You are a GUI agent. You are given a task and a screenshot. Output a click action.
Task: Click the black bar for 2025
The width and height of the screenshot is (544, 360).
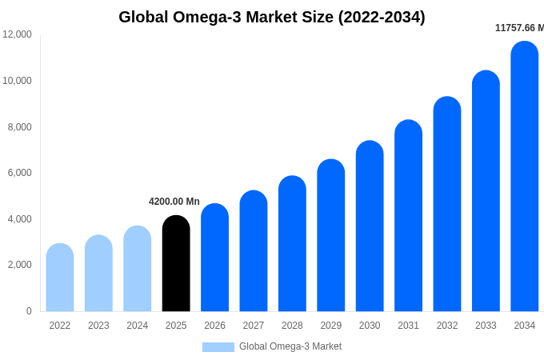176,264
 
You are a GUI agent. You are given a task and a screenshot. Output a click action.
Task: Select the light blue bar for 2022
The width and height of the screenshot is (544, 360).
60,278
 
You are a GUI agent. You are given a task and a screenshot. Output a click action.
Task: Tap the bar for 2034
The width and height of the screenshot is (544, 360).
525,177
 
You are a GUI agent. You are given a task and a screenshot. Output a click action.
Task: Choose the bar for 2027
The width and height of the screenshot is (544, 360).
254,251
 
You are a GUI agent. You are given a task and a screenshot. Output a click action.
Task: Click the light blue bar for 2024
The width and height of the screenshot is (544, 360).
138,269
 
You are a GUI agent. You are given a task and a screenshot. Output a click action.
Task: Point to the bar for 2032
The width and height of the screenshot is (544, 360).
447,204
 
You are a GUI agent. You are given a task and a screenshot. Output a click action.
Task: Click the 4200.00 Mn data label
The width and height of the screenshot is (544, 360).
174,202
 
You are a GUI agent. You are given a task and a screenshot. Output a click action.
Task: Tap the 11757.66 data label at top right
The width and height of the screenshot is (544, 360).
518,28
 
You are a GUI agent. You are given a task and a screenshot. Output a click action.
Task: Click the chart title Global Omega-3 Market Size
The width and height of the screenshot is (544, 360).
272,17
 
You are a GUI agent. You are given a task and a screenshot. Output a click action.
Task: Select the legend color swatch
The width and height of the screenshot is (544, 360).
218,347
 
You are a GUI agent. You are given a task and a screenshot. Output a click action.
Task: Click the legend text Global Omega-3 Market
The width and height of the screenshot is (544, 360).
290,346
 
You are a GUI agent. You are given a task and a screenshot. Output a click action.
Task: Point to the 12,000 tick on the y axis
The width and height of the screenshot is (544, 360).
18,34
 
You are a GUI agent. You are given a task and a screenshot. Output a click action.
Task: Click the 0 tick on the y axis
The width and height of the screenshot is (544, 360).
29,311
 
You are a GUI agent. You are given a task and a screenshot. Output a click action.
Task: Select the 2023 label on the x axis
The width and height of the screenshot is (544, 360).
98,326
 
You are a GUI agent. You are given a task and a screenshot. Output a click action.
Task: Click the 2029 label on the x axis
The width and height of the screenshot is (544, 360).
331,326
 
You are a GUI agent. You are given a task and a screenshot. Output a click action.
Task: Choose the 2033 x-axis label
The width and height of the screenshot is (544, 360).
486,326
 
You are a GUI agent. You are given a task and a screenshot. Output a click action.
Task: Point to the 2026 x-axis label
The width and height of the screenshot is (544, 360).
214,326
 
